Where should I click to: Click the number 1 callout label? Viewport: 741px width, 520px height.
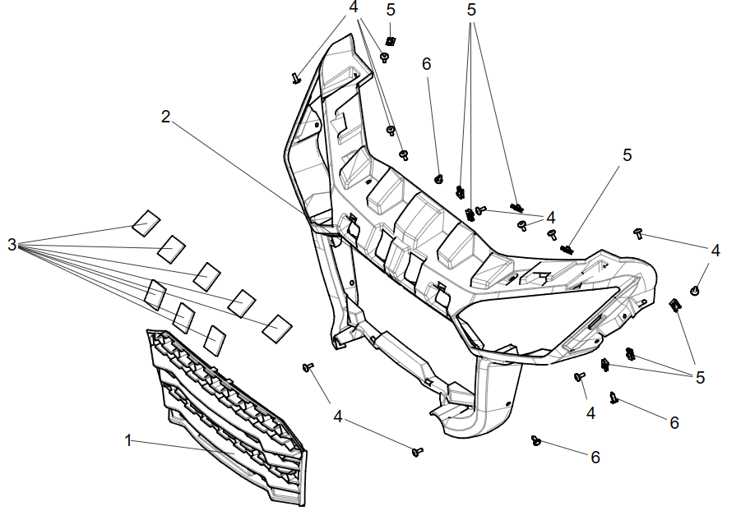128,440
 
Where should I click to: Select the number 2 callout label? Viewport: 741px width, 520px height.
165,117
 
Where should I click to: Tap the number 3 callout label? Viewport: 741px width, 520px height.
12,245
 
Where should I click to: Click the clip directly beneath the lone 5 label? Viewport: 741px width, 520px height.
391,41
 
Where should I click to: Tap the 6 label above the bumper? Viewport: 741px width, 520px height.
426,64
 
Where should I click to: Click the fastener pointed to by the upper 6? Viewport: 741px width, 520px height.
439,178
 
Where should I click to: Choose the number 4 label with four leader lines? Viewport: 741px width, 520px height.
354,7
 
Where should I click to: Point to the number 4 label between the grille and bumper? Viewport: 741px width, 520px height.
338,416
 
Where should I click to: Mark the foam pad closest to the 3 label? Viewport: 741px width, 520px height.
146,221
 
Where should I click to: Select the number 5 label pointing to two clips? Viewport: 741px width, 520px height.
700,377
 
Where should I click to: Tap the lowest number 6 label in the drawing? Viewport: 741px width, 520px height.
595,457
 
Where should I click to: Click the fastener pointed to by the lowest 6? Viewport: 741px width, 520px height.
537,440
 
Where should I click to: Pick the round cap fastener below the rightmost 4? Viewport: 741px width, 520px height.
696,290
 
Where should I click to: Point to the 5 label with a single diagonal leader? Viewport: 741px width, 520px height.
628,155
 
